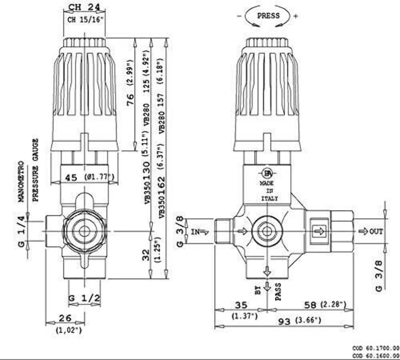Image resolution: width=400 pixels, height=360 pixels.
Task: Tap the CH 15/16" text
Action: pos(86,20)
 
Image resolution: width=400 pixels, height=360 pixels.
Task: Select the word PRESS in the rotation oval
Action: pos(268,15)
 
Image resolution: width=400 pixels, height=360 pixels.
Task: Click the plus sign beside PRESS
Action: pos(296,16)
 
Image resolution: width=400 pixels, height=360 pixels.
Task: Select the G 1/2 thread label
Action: pos(84,298)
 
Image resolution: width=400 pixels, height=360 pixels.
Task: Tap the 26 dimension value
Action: pos(65,318)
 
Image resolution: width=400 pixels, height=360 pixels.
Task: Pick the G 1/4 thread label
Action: pos(22,231)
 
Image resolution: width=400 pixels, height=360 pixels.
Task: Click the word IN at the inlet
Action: pos(195,232)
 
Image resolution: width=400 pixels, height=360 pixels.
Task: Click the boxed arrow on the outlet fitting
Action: pos(319,230)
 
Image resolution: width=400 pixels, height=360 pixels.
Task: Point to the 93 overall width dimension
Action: pos(284,321)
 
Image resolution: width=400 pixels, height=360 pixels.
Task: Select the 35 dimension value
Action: pos(241,305)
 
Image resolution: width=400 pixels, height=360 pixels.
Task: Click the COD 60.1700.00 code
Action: pos(376,348)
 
